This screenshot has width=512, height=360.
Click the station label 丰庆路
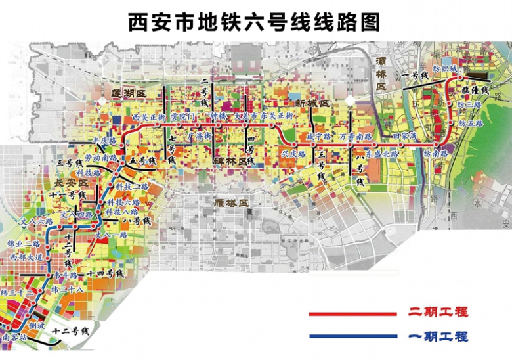point(104,141)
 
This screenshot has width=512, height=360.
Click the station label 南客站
point(14,336)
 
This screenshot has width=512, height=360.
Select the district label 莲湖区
point(127,94)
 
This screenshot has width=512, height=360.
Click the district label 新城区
point(310,104)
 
